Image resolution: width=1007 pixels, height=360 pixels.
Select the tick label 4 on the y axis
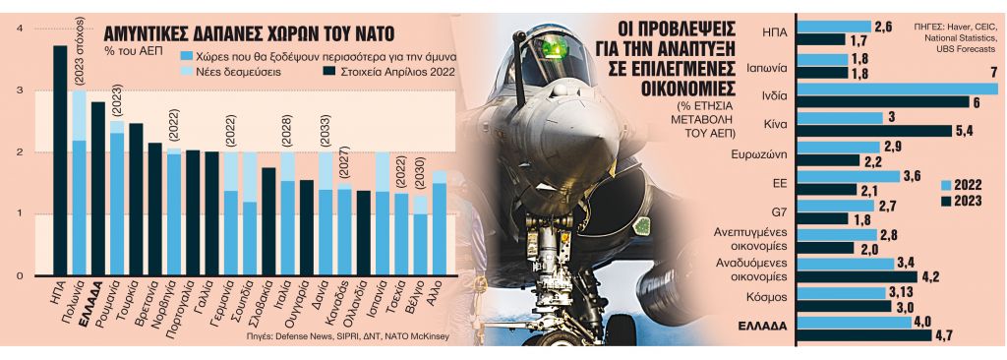click(22, 29)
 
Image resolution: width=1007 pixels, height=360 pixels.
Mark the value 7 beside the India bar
click(994, 73)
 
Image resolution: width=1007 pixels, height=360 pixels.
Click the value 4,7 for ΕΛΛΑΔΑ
click(945, 335)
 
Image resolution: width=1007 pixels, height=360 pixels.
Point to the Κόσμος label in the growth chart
click(763, 294)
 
